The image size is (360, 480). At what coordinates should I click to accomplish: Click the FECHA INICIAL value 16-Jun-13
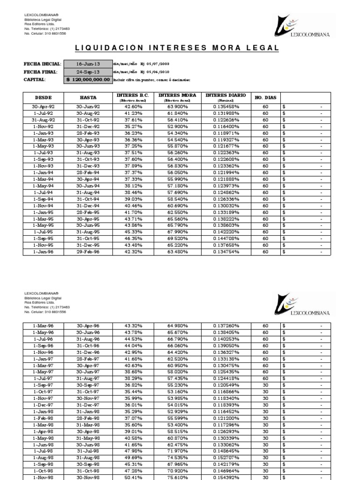pos(88,64)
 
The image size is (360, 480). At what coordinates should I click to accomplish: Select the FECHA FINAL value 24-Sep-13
pos(88,72)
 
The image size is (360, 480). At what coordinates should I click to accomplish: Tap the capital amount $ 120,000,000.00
pos(88,80)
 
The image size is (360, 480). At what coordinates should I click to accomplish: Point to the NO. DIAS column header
pos(266,97)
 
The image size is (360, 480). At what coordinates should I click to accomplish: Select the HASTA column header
pos(88,97)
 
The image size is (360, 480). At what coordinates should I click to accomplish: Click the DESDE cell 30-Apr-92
pos(43,107)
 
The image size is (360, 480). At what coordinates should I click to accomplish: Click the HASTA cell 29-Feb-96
pos(88,252)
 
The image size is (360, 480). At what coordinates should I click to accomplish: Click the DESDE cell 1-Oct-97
pos(43,391)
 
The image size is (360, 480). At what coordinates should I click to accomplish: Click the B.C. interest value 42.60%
pos(134,107)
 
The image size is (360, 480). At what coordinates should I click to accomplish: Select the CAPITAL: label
pos(35,80)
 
